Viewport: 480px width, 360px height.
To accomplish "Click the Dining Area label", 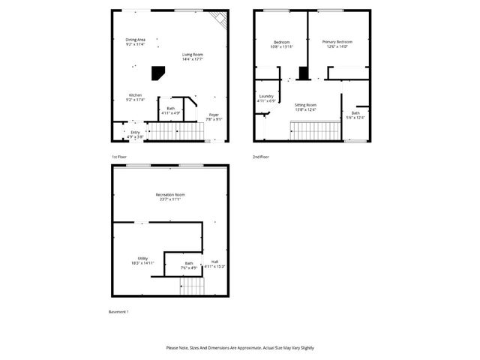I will point(135,42).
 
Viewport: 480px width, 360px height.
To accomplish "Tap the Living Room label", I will point(193,57).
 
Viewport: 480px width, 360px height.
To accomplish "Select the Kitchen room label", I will point(135,97).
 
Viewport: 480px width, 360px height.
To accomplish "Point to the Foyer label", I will point(214,116).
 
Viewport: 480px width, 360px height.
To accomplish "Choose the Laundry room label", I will point(266,98).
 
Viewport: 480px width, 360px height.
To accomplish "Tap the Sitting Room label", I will point(305,107).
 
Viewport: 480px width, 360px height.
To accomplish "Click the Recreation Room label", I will point(170,196).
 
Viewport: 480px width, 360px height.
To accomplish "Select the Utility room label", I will point(142,260).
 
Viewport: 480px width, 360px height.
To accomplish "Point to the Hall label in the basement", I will point(215,264).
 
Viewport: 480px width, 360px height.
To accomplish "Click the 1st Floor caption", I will point(120,157).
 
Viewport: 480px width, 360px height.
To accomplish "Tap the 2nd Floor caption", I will point(261,157).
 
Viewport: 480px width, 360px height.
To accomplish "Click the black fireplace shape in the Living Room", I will point(158,72).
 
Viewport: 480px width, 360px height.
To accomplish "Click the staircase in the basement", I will point(192,286).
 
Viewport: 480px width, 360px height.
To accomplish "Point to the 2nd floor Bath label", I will point(355,115).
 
